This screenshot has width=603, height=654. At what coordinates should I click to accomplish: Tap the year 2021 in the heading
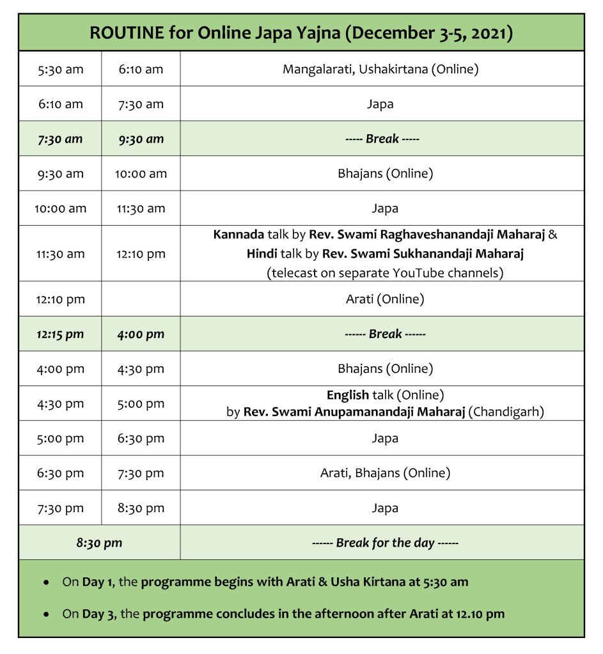coord(491,33)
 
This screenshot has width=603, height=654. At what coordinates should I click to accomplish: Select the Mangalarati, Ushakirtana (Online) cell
coord(380,69)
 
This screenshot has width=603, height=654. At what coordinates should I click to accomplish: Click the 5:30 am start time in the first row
coord(60,69)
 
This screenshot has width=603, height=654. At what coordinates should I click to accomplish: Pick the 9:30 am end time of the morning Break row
coord(141,139)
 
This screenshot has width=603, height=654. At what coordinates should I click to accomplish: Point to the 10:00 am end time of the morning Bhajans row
coord(141,173)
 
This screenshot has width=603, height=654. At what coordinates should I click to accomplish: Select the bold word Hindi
coord(262,254)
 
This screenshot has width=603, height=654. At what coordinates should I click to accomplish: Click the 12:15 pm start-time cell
coord(60,334)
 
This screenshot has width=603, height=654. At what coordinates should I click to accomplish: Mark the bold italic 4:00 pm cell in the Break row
coord(141,334)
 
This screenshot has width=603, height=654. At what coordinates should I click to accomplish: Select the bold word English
coord(348,395)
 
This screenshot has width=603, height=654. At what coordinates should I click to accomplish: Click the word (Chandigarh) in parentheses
coord(506,412)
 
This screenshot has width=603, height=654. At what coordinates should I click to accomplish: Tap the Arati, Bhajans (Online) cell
coord(385,473)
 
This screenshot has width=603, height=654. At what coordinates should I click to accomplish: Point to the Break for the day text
coord(385,543)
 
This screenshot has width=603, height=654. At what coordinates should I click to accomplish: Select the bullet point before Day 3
coord(46,614)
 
